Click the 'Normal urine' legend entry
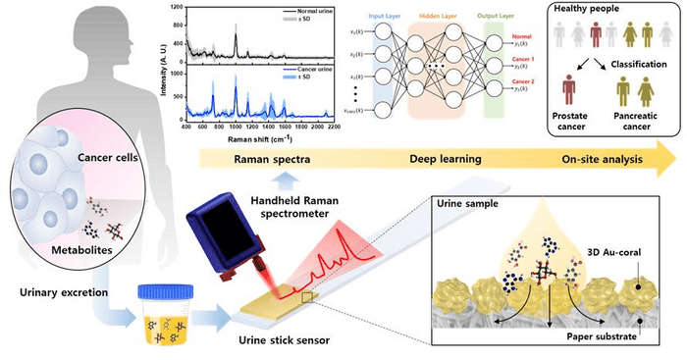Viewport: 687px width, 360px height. tap(300, 9)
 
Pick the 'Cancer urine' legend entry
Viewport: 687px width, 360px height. tap(300, 70)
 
